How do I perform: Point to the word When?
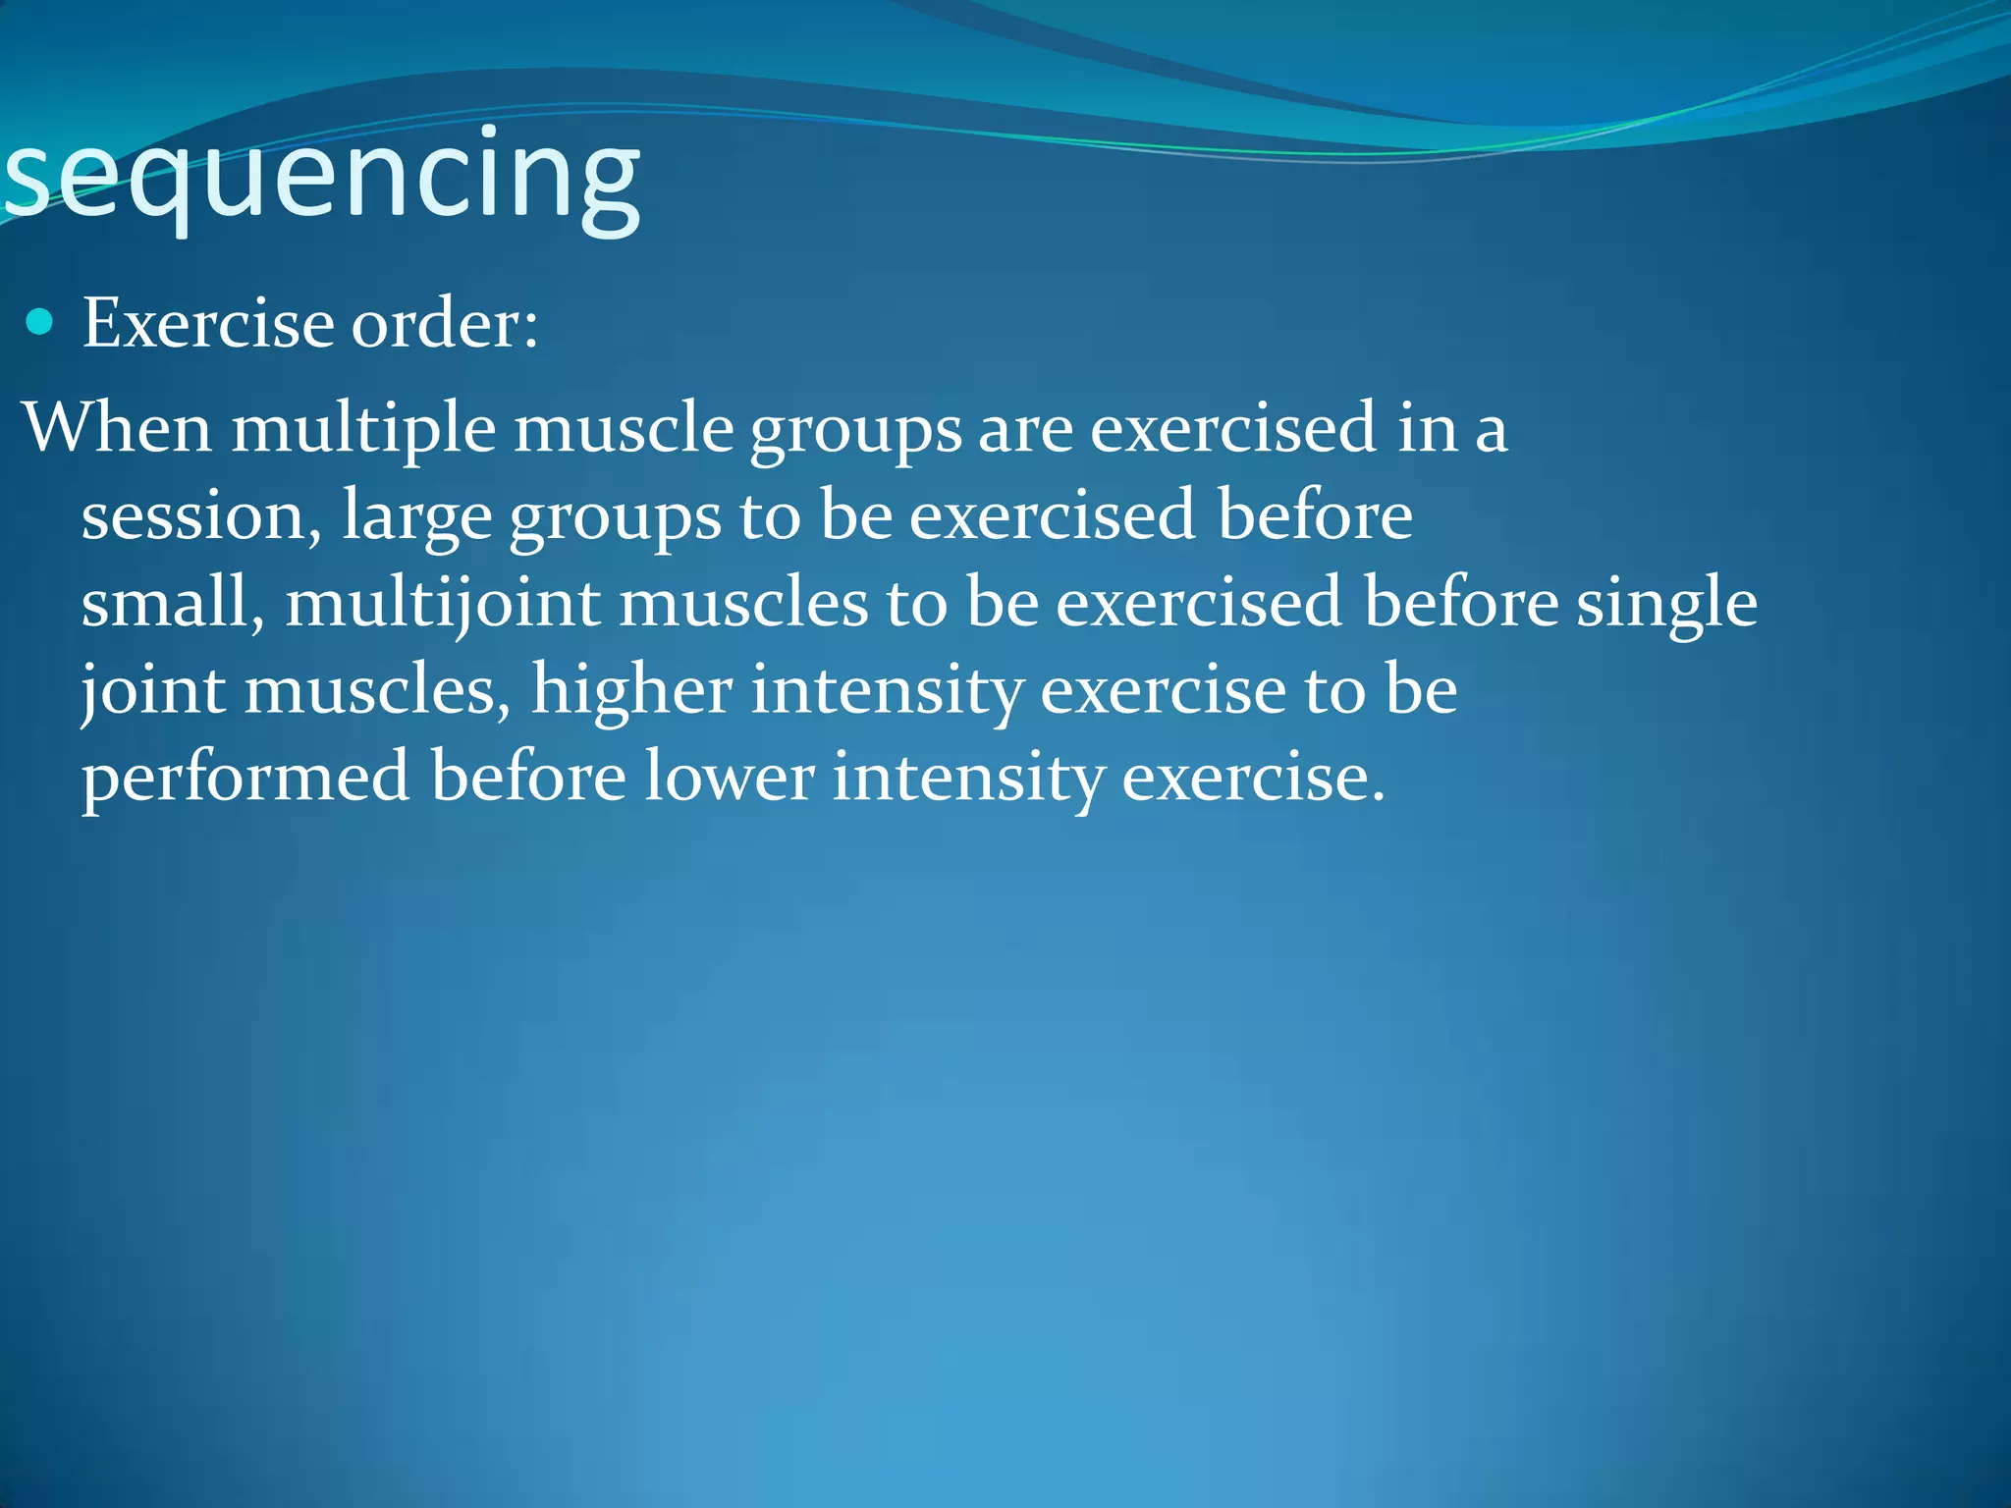pyautogui.click(x=117, y=428)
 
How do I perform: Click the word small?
pyautogui.click(x=165, y=602)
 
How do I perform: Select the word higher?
pyautogui.click(x=631, y=689)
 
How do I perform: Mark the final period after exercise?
pyautogui.click(x=1378, y=796)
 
